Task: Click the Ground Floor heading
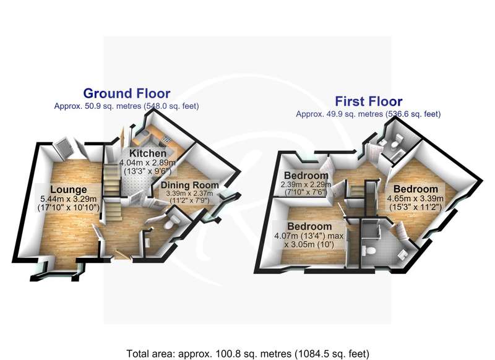click(x=127, y=93)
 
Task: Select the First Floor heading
click(x=368, y=101)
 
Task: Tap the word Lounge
click(x=69, y=190)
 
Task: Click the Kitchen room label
click(x=148, y=153)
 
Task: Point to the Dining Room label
click(x=190, y=185)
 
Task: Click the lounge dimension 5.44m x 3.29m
click(x=69, y=199)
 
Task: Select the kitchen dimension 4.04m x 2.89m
click(x=147, y=163)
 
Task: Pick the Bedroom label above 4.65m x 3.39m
click(x=415, y=189)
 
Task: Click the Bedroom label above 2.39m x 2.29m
click(x=306, y=176)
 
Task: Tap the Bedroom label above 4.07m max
click(x=309, y=226)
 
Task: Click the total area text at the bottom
click(x=247, y=354)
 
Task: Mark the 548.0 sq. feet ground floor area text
click(x=172, y=106)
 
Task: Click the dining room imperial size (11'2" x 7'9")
click(x=190, y=200)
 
